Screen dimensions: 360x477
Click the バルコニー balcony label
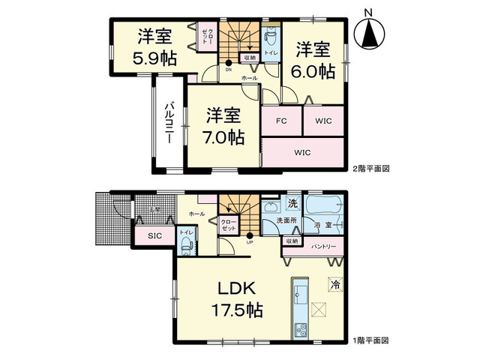pos(169,124)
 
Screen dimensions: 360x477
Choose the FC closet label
pos(281,121)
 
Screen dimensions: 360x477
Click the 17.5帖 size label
pos(238,309)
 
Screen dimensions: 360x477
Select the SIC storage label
pos(154,236)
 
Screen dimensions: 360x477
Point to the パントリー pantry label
pos(324,247)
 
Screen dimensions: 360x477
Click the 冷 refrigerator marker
pos(335,284)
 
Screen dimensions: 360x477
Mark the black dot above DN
pos(229,63)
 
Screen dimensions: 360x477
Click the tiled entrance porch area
pos(110,217)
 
